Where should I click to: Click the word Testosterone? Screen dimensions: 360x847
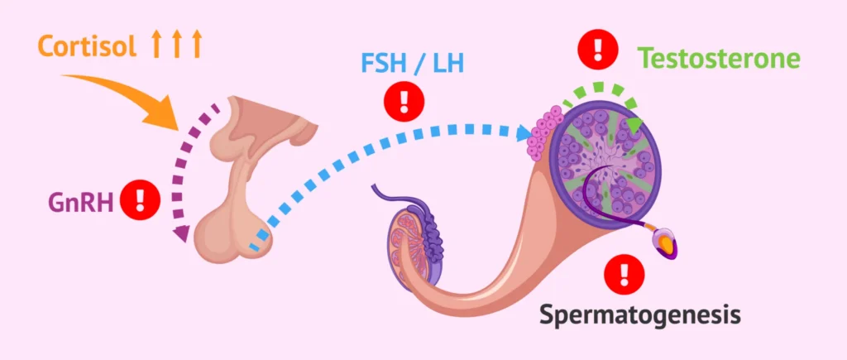(719, 58)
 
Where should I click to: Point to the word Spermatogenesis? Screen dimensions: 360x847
(640, 314)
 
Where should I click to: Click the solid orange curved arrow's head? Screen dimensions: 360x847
(171, 117)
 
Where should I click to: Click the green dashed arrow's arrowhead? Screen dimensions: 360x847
(635, 123)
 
